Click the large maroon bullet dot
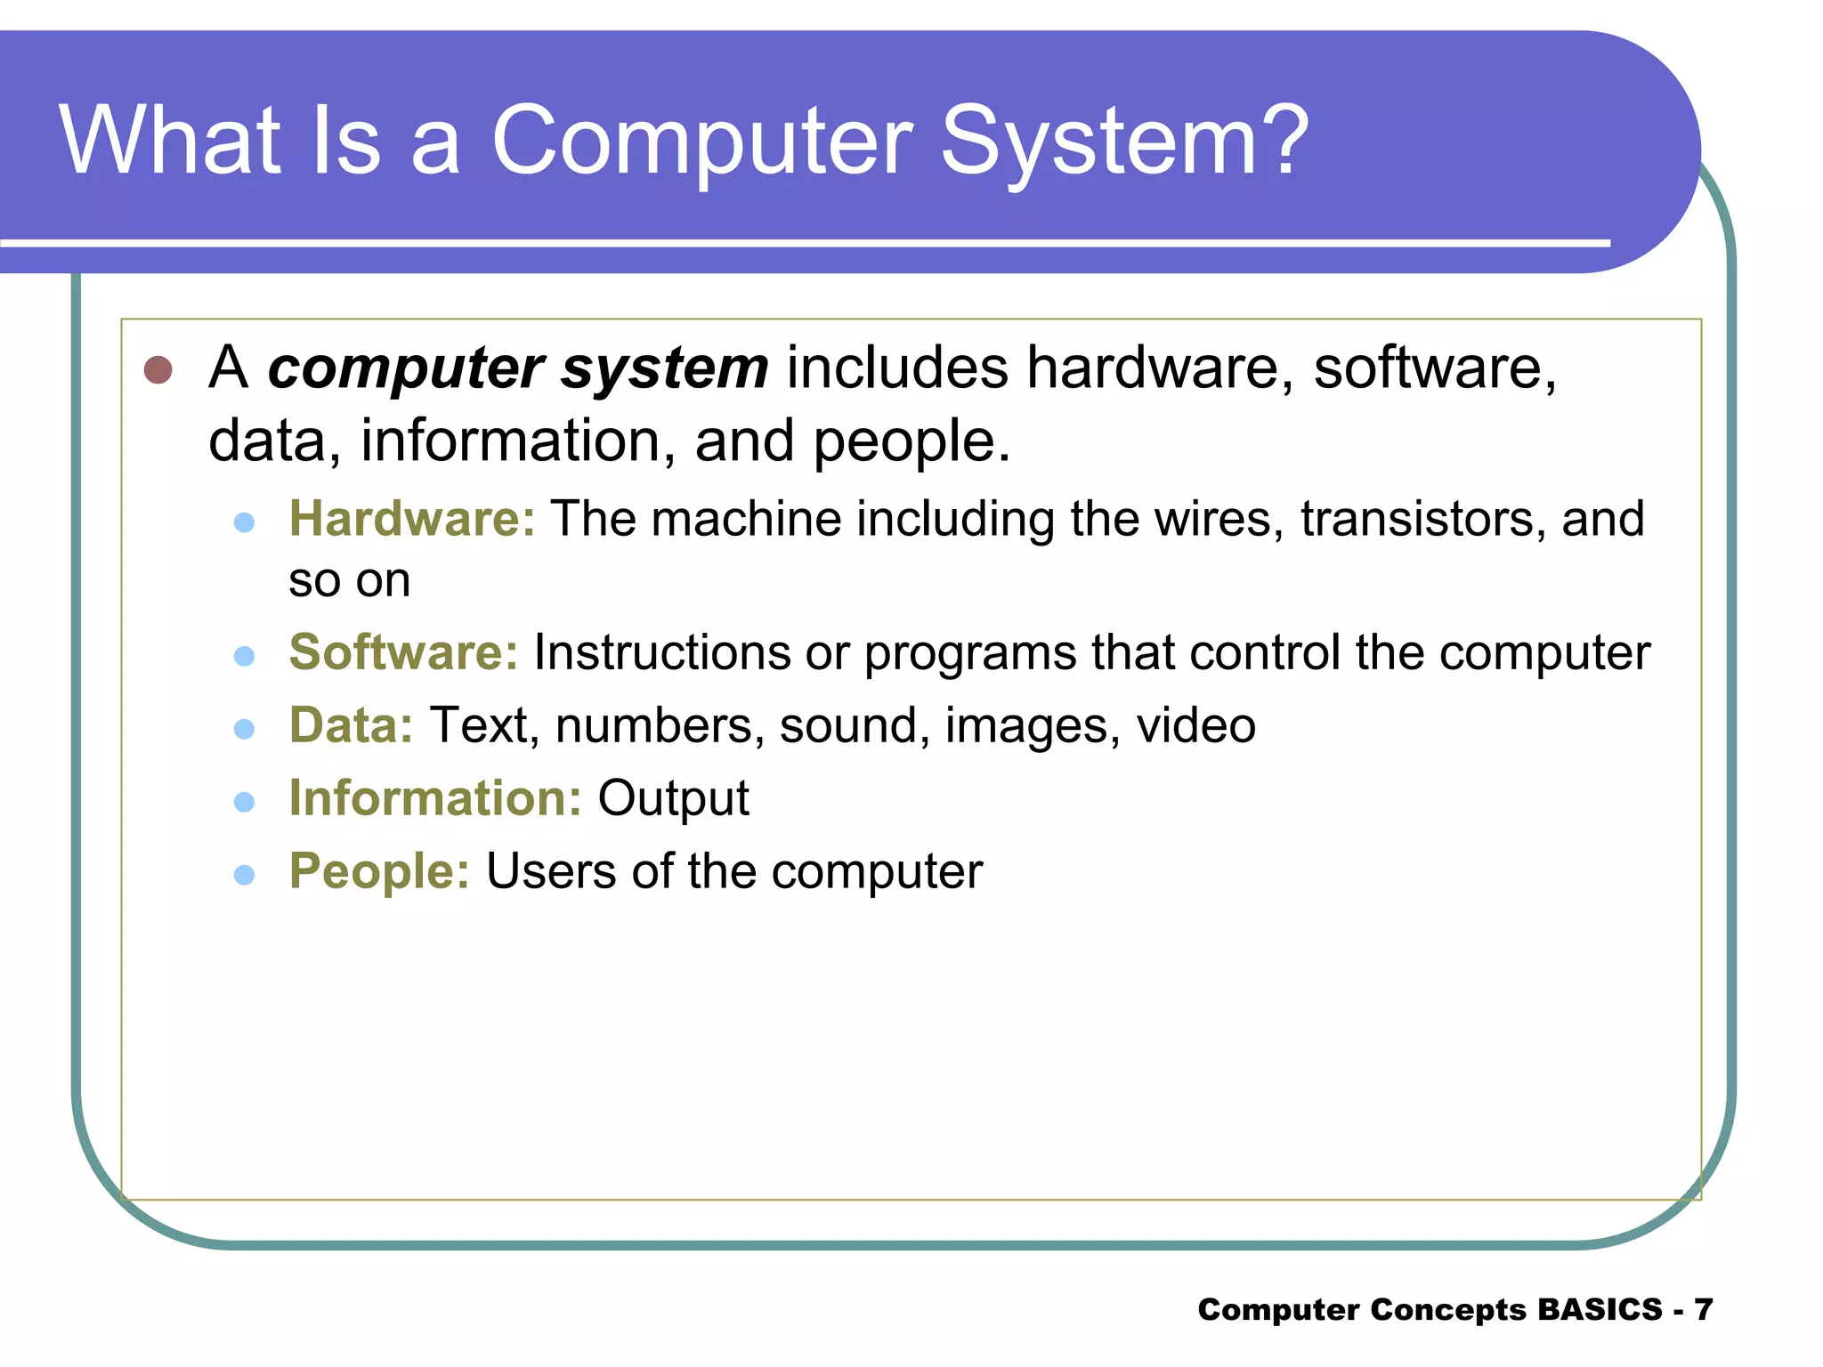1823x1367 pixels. tap(158, 370)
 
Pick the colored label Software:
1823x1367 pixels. tap(403, 652)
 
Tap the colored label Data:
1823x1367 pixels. tap(351, 725)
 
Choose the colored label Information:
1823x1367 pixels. tap(435, 798)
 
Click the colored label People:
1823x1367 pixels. tap(379, 871)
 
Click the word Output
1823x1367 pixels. tap(673, 798)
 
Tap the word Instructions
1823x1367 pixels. tap(661, 652)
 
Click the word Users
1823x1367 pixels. tap(550, 871)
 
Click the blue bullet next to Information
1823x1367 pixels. tap(244, 803)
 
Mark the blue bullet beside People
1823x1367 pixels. tap(244, 876)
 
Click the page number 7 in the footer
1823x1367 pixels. tap(1703, 1309)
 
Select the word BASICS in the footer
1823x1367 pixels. tap(1600, 1309)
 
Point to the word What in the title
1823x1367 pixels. tap(170, 141)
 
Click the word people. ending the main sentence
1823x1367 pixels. tap(911, 441)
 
